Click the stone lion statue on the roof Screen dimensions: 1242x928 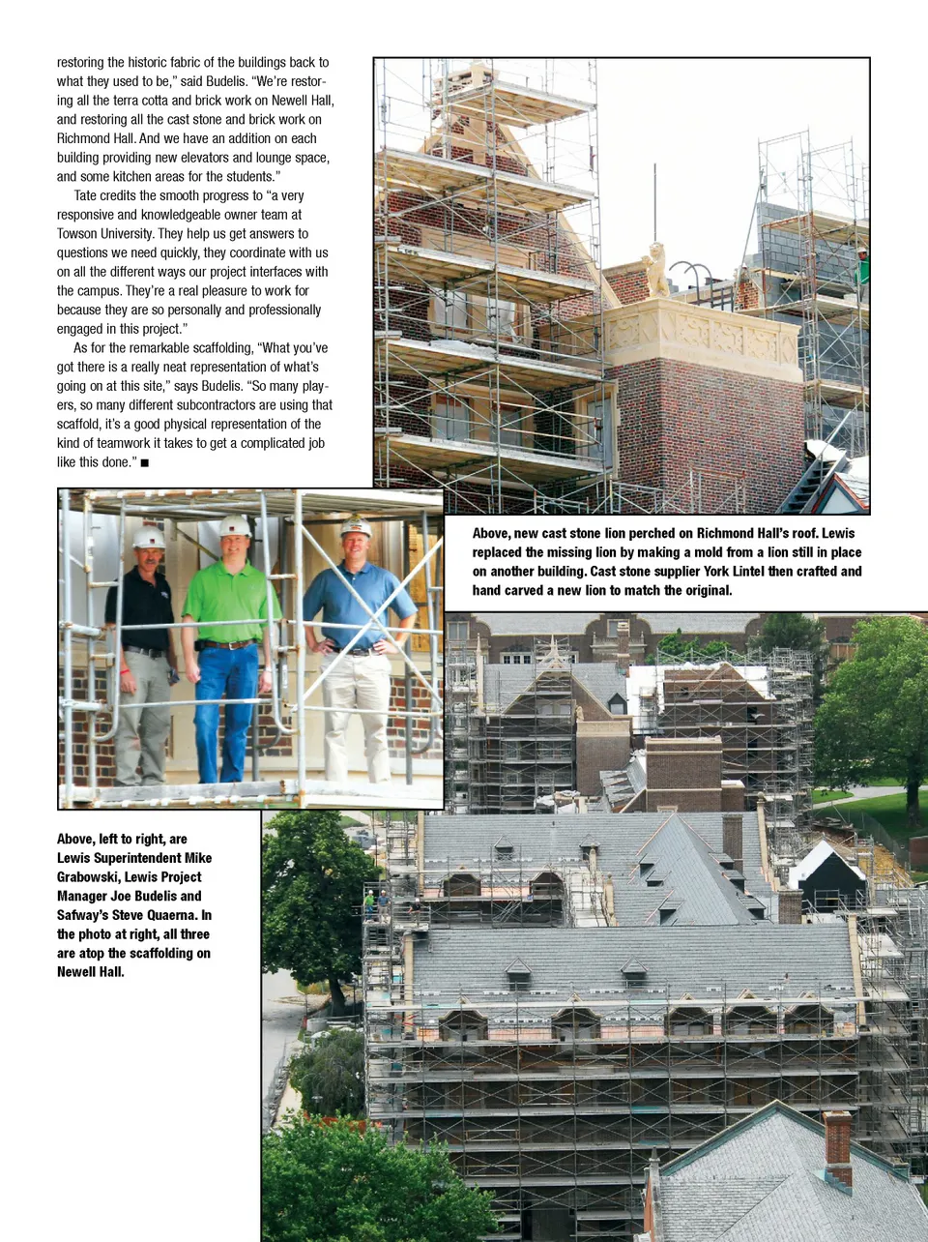655,270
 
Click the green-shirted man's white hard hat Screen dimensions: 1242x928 234,526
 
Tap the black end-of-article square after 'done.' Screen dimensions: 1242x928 145,463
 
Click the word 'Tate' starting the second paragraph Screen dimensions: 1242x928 85,195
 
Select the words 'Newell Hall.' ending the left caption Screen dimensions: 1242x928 90,972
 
